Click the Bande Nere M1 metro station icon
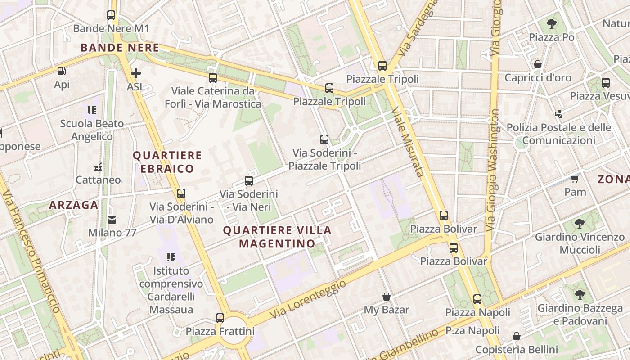point(111,15)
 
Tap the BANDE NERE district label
point(120,48)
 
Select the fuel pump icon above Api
point(61,71)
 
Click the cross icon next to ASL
point(135,73)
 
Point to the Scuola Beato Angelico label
point(92,130)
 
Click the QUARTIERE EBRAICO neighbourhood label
point(167,162)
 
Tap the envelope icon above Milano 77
point(112,220)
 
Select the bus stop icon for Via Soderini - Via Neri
point(248,181)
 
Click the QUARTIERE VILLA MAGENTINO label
point(277,237)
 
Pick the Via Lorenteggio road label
point(310,301)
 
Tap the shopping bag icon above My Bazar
point(386,297)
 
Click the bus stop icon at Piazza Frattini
point(220,318)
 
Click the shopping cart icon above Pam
point(575,179)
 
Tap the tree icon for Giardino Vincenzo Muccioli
point(580,224)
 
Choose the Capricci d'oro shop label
point(538,78)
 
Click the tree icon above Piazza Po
point(551,24)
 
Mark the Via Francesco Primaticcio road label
point(31,252)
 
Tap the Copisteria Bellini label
point(517,349)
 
